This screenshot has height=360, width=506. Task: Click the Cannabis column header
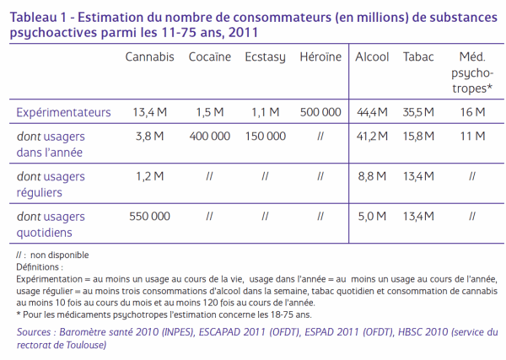150,56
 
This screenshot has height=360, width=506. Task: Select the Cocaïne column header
210,56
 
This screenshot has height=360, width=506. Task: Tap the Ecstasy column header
266,57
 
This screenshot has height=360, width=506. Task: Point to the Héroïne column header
320,56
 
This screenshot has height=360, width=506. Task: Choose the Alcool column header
372,56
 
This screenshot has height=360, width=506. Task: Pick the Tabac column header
418,56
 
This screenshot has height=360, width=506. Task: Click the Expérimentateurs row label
63,113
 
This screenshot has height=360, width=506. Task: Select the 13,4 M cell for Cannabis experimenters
150,112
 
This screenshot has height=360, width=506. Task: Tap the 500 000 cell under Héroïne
320,112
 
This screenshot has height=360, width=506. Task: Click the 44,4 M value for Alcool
372,112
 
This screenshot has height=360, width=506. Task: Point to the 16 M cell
472,112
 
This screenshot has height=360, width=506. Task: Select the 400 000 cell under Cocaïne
210,136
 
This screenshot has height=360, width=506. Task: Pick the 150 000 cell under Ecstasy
266,136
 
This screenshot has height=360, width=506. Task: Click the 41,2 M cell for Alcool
372,136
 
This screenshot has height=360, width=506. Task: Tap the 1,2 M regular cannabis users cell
150,176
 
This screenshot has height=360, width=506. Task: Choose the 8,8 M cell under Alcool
372,176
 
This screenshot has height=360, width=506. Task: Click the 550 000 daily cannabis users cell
150,216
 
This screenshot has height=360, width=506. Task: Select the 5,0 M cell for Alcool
372,216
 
